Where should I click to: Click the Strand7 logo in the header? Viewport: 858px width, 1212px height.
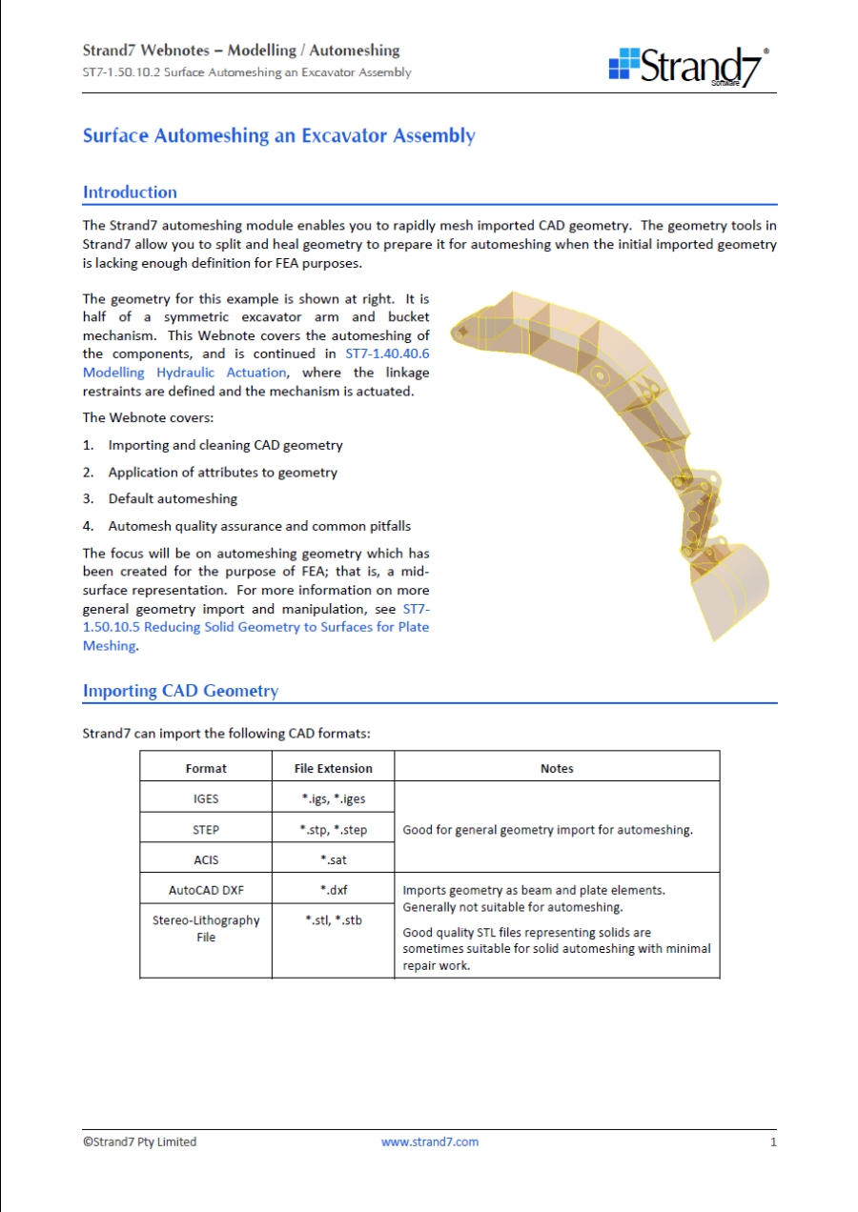click(x=689, y=66)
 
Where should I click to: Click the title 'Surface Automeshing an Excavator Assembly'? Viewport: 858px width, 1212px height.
click(x=278, y=135)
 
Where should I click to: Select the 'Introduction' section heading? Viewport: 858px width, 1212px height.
click(x=130, y=192)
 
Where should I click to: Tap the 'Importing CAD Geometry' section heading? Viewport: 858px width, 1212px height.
click(x=180, y=691)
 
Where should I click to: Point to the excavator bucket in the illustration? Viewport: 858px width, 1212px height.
click(x=728, y=587)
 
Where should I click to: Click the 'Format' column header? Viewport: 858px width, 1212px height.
click(x=206, y=768)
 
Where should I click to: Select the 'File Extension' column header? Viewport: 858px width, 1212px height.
click(x=334, y=768)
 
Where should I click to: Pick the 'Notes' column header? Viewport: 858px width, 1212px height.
click(x=557, y=768)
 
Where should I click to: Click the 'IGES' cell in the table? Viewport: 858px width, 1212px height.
click(x=206, y=798)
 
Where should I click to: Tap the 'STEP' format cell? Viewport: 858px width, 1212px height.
click(x=206, y=830)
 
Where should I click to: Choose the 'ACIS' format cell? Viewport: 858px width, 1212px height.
click(x=206, y=859)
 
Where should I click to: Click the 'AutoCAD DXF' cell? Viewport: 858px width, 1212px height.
click(x=206, y=891)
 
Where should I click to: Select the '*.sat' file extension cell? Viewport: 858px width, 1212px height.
click(x=334, y=859)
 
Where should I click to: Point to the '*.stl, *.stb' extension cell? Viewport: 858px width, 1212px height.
click(x=334, y=920)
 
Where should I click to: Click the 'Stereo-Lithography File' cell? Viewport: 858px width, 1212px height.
click(x=206, y=929)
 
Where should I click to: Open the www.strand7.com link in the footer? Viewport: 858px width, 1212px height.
click(x=430, y=1141)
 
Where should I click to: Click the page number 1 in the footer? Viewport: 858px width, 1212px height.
click(x=773, y=1141)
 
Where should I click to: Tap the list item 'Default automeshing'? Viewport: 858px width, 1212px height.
click(x=173, y=498)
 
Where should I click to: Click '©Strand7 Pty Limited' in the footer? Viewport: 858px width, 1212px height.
click(x=139, y=1141)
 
